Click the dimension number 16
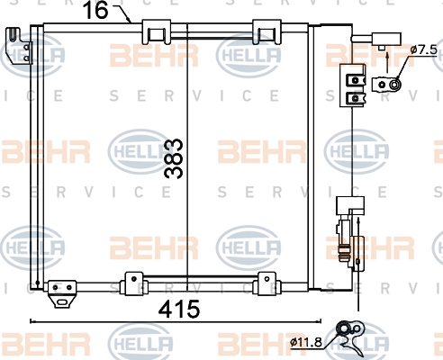(x=95, y=10)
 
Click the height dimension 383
(x=174, y=158)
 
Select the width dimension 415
(x=179, y=309)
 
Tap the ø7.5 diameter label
(x=424, y=49)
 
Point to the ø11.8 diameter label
(x=306, y=342)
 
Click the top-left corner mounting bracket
(x=20, y=46)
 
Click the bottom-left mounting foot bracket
(x=62, y=294)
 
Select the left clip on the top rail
(x=156, y=31)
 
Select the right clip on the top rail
(x=267, y=31)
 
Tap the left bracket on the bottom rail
(x=133, y=283)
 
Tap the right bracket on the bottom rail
(x=267, y=283)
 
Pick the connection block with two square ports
(x=353, y=85)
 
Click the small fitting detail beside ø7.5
(x=386, y=85)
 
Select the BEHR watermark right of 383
(x=262, y=151)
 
